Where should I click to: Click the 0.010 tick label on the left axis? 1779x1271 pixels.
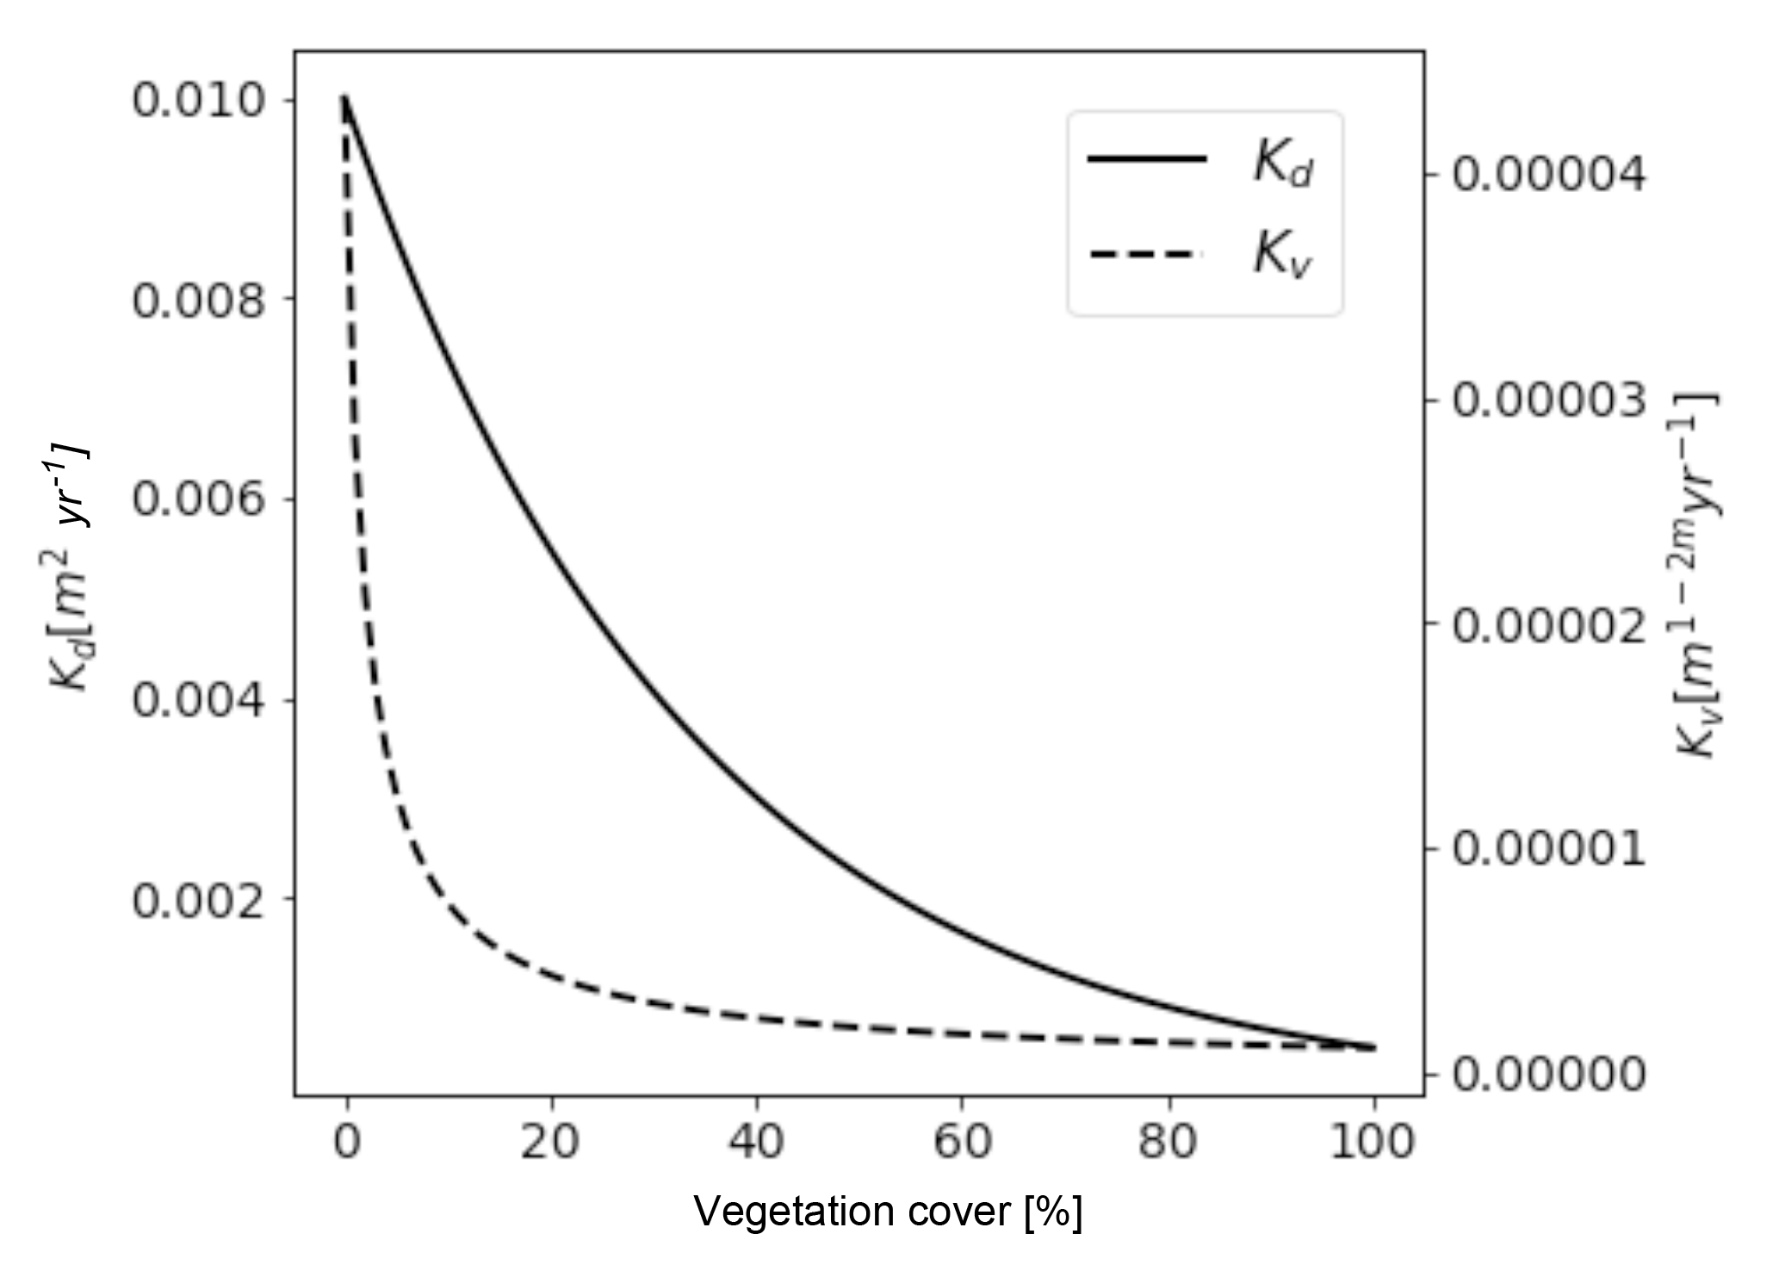click(199, 101)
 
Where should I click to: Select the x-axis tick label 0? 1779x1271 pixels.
click(347, 1142)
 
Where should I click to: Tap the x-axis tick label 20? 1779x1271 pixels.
click(551, 1142)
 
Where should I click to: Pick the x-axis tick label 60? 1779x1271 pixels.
click(962, 1142)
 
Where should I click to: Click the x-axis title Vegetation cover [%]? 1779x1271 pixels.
click(888, 1212)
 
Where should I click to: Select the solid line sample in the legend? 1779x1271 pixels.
click(1147, 158)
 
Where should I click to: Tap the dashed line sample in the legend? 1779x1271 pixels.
click(1147, 254)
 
